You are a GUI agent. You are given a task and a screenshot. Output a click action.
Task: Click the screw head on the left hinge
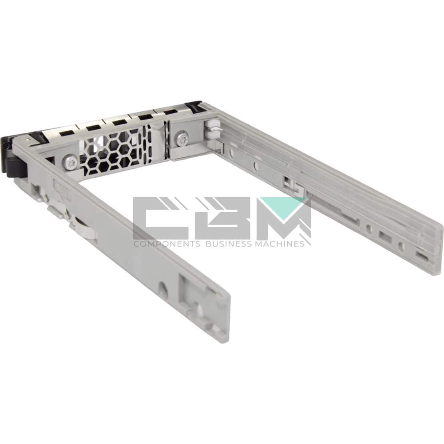tap(70, 162)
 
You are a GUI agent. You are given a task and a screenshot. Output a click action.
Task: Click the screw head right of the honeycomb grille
tap(181, 138)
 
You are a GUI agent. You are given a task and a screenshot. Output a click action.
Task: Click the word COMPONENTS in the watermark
tap(167, 244)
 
